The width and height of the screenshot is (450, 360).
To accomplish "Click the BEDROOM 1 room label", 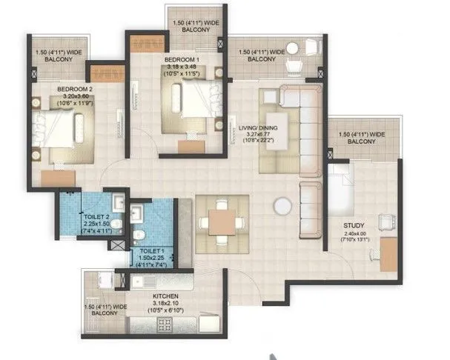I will (x=182, y=59).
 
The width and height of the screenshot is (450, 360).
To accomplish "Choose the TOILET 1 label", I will (x=152, y=253).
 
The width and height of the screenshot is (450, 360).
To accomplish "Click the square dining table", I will (x=222, y=221).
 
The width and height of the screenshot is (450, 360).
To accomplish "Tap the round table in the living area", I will (x=281, y=206).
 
